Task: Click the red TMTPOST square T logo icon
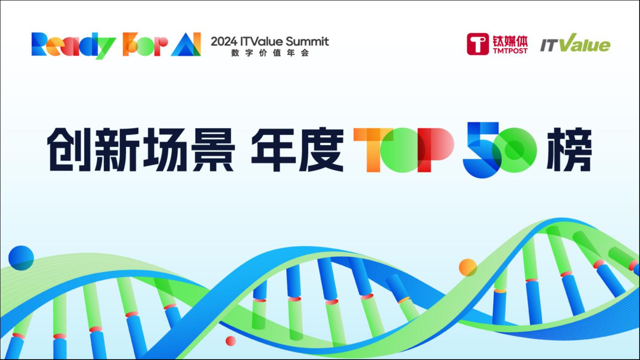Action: pos(478,44)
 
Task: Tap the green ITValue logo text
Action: pos(575,44)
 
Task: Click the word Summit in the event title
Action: pos(307,42)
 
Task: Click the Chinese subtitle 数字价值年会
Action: pos(270,53)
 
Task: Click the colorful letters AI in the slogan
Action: pos(186,44)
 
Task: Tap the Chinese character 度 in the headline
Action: pos(321,150)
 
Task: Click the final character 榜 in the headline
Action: pos(569,150)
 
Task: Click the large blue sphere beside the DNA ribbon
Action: pos(21,258)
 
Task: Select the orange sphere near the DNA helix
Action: pos(468,268)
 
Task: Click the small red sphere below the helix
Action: pos(231,341)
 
